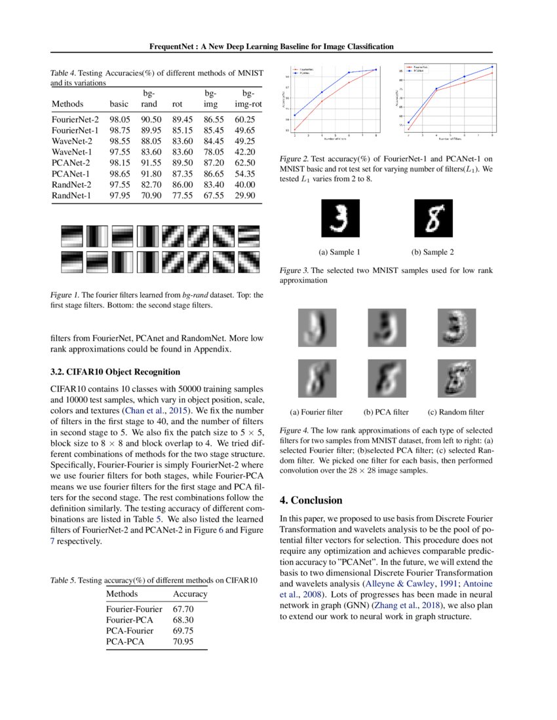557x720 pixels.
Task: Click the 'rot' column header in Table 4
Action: [177, 104]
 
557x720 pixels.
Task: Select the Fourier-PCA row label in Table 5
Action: [130, 619]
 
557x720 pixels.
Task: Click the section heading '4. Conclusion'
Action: [311, 500]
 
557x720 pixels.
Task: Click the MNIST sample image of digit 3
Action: [339, 218]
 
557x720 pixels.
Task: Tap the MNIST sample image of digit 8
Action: [433, 218]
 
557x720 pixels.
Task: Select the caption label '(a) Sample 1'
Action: [339, 252]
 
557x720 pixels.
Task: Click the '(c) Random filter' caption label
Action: [455, 412]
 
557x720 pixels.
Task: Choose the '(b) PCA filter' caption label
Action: [386, 412]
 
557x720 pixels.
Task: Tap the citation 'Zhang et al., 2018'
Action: [391, 605]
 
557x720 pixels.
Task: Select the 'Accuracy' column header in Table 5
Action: [189, 594]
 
